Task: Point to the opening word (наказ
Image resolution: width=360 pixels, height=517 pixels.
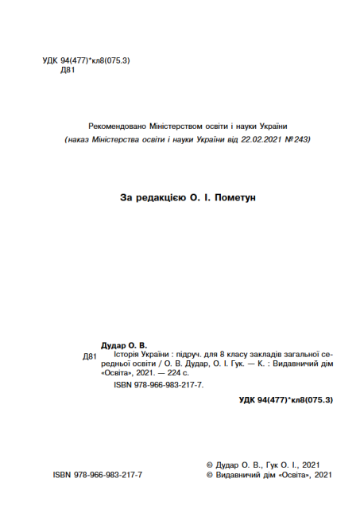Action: (76, 138)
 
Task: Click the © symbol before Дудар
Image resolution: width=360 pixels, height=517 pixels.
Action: (209, 464)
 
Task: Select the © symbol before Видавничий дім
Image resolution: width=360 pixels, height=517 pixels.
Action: (209, 475)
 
